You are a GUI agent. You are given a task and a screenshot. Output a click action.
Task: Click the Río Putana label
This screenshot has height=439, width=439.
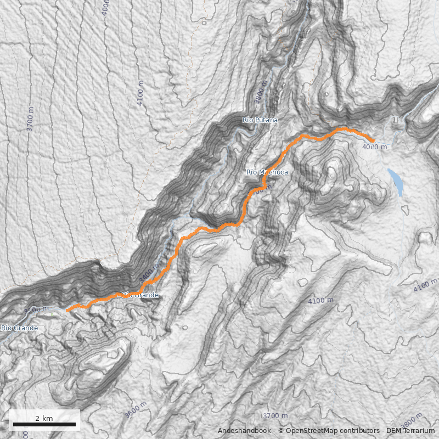260,120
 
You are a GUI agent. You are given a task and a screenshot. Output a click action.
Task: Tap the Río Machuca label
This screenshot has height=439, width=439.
267,172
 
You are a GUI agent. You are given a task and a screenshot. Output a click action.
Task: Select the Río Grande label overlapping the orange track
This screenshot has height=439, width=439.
140,295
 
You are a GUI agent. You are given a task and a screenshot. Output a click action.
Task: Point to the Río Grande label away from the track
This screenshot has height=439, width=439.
19,328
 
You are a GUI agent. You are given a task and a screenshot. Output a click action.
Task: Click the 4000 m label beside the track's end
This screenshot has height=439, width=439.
374,147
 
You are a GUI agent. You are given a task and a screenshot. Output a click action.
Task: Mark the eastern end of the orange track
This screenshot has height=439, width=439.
374,141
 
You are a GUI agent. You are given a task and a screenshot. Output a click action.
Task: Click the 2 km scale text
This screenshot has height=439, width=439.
44,418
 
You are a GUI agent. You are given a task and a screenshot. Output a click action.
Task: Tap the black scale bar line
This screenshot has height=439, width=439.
44,425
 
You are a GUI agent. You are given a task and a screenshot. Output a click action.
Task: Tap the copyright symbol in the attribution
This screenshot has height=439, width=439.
280,431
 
